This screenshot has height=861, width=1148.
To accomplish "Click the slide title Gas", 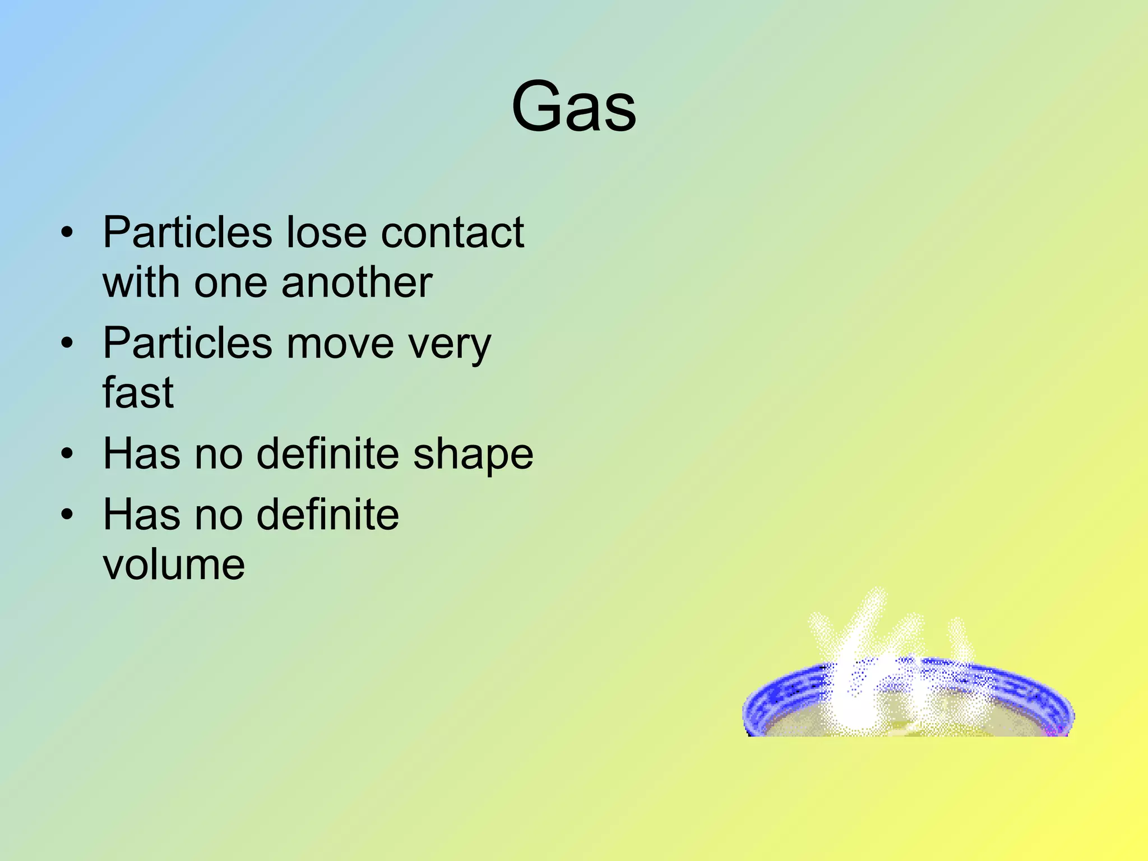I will click(573, 107).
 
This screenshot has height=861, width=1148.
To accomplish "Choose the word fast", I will click(138, 392).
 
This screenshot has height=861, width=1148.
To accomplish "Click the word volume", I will click(174, 564).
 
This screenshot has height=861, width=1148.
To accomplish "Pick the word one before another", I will click(230, 283).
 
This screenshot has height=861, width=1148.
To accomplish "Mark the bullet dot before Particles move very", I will click(67, 343).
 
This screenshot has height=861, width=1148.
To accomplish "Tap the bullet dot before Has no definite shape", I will click(67, 453).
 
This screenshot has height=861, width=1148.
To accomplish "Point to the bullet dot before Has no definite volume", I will click(67, 514).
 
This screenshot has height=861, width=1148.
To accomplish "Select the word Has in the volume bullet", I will click(141, 514).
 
